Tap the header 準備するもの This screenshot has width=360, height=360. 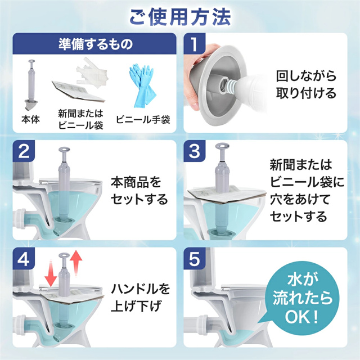click(x=96, y=44)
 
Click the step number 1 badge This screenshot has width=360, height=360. click(x=194, y=44)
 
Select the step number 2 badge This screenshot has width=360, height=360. click(x=24, y=151)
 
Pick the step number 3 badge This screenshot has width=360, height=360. click(x=194, y=151)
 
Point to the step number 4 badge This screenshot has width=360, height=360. click(x=24, y=259)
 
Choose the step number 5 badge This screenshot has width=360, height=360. click(x=194, y=259)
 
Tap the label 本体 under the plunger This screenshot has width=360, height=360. click(x=30, y=119)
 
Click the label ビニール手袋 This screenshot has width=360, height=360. click(x=143, y=120)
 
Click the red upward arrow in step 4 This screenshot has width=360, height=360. click(x=76, y=263)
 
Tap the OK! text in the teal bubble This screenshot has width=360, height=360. click(x=301, y=317)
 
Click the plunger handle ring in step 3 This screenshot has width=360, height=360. click(x=222, y=146)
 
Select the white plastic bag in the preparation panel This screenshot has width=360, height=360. click(x=92, y=73)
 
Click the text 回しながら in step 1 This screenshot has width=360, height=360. click(x=306, y=76)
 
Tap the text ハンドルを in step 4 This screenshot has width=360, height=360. click(x=141, y=289)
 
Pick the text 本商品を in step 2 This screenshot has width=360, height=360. click(x=136, y=182)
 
